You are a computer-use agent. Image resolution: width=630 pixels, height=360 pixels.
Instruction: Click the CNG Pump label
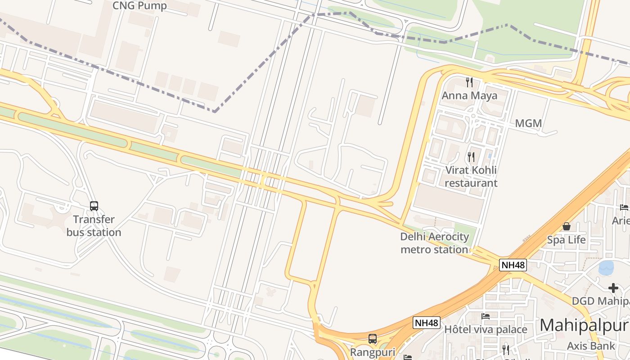(139, 6)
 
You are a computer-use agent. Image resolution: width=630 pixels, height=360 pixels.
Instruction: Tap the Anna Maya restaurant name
(469, 95)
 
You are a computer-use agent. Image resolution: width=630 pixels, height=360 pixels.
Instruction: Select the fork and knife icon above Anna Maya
(469, 82)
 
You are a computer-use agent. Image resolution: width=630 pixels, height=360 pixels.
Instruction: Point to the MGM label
(528, 123)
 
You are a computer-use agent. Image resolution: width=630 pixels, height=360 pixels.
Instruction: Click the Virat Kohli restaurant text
(471, 176)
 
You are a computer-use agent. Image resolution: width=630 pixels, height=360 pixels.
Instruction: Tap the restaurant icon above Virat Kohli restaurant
(471, 157)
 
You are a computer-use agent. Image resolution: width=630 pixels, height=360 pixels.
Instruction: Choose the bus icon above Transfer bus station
(94, 206)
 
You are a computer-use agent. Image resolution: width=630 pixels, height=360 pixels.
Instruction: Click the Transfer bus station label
(94, 226)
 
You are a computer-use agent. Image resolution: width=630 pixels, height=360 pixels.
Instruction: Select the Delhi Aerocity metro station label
(435, 243)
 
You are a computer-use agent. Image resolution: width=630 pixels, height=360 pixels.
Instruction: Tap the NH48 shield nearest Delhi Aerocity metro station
(513, 265)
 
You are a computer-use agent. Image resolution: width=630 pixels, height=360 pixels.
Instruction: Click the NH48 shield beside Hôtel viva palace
(426, 323)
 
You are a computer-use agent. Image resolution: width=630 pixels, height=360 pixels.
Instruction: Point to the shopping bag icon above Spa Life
(566, 226)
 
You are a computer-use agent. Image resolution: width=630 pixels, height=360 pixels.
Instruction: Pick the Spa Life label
(566, 240)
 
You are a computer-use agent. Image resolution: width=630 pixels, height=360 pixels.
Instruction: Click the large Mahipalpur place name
(584, 325)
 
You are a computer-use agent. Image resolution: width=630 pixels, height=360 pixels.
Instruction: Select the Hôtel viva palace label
(486, 330)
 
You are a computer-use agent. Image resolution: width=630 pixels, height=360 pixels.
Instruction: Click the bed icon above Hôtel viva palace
(486, 316)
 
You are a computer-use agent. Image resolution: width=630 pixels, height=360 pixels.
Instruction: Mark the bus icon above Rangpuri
(373, 339)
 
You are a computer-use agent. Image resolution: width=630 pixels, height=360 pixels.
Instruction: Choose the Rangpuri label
(373, 352)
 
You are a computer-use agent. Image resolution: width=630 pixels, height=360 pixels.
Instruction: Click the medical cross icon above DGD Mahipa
(613, 288)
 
